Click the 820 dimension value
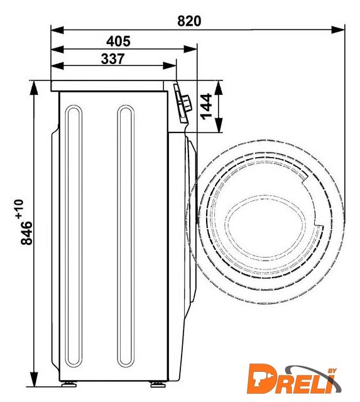[x=189, y=21]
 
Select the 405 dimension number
[x=118, y=41]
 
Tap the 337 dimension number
[x=113, y=58]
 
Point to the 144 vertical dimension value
[x=207, y=107]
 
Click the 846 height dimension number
[x=26, y=233]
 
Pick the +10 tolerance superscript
[x=19, y=209]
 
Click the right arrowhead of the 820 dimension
[x=338, y=30]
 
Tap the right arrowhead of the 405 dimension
[x=190, y=49]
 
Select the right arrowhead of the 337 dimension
[x=170, y=65]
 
